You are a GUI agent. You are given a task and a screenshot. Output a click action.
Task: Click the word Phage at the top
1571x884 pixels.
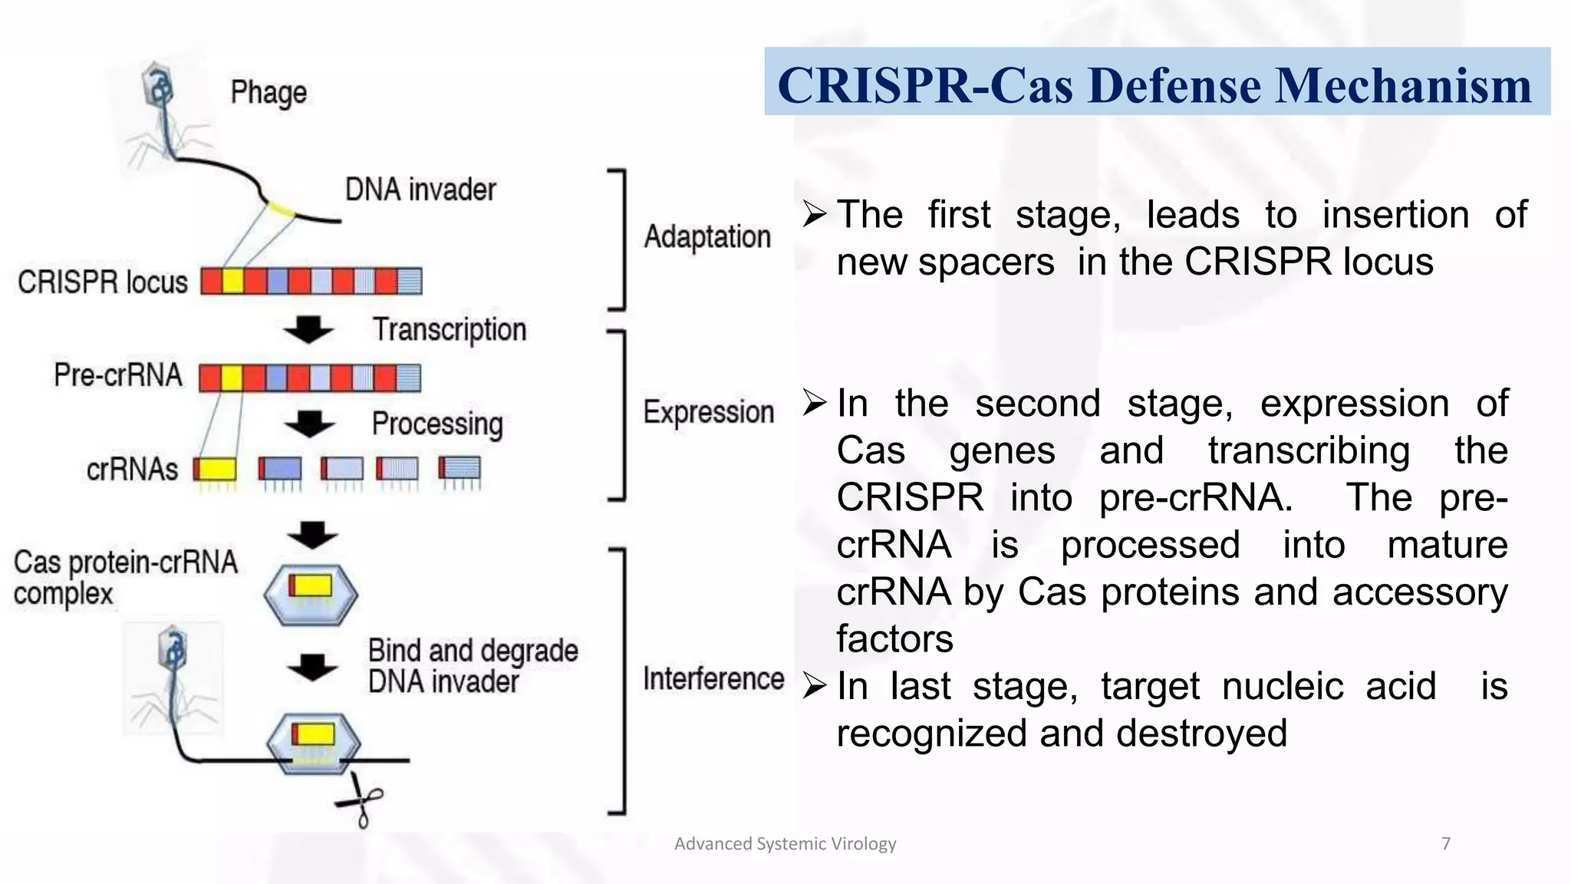pos(268,93)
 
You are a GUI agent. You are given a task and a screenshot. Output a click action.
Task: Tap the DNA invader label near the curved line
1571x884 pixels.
pos(420,190)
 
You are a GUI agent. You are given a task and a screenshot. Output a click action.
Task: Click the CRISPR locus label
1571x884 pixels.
pos(103,282)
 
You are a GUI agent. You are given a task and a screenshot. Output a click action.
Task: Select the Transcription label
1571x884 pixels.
pos(450,330)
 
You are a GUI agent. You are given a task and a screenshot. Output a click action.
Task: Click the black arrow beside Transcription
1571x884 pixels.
pos(308,329)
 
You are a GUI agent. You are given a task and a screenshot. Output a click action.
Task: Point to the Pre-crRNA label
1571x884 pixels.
pos(118,375)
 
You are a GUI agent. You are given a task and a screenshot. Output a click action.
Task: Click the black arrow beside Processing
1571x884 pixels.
pos(309,424)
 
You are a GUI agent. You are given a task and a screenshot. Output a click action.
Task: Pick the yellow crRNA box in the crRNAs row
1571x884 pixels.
pos(216,468)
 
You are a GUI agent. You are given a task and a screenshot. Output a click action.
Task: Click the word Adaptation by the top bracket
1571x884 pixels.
pos(707,237)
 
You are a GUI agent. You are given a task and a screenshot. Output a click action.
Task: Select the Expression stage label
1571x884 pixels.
pos(709,413)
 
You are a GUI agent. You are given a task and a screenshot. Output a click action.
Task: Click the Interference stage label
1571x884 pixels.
pos(713,679)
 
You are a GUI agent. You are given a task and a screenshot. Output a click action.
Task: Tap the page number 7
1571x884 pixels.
pos(1446,844)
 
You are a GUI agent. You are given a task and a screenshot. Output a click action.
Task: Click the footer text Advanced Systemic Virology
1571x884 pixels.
pos(785,844)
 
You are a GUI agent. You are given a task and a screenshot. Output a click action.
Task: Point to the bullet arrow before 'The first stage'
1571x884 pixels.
pos(815,214)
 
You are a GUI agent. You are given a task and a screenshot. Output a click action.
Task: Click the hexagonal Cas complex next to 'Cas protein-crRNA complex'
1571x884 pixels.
pos(311,594)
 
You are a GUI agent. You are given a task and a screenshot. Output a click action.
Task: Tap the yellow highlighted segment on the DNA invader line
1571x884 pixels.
pos(281,209)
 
